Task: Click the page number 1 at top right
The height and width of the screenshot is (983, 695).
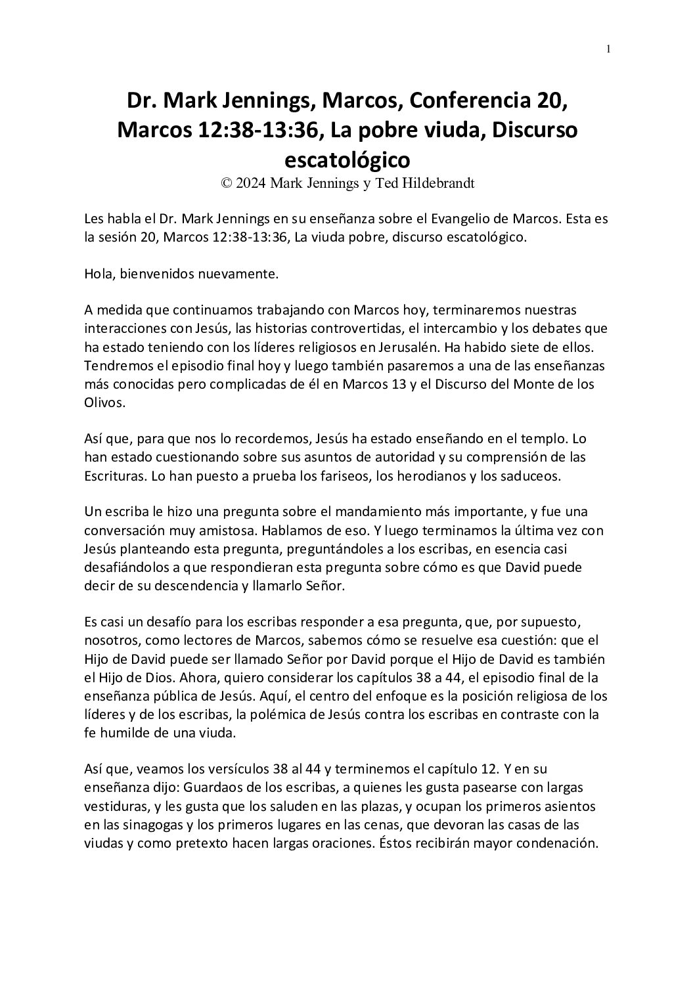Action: click(608, 48)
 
